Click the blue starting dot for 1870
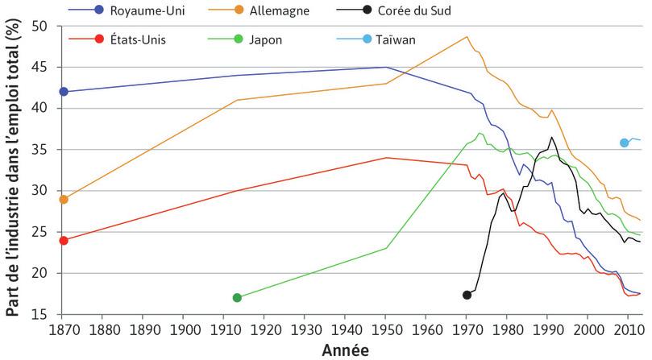coord(64,92)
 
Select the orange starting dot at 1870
coord(64,199)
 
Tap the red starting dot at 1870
coord(64,240)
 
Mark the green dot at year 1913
coord(237,298)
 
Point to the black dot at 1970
coord(467,296)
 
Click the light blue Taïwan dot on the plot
coord(625,143)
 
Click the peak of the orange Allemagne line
coord(467,36)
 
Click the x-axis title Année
coord(345,350)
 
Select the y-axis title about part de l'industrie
coord(13,169)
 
